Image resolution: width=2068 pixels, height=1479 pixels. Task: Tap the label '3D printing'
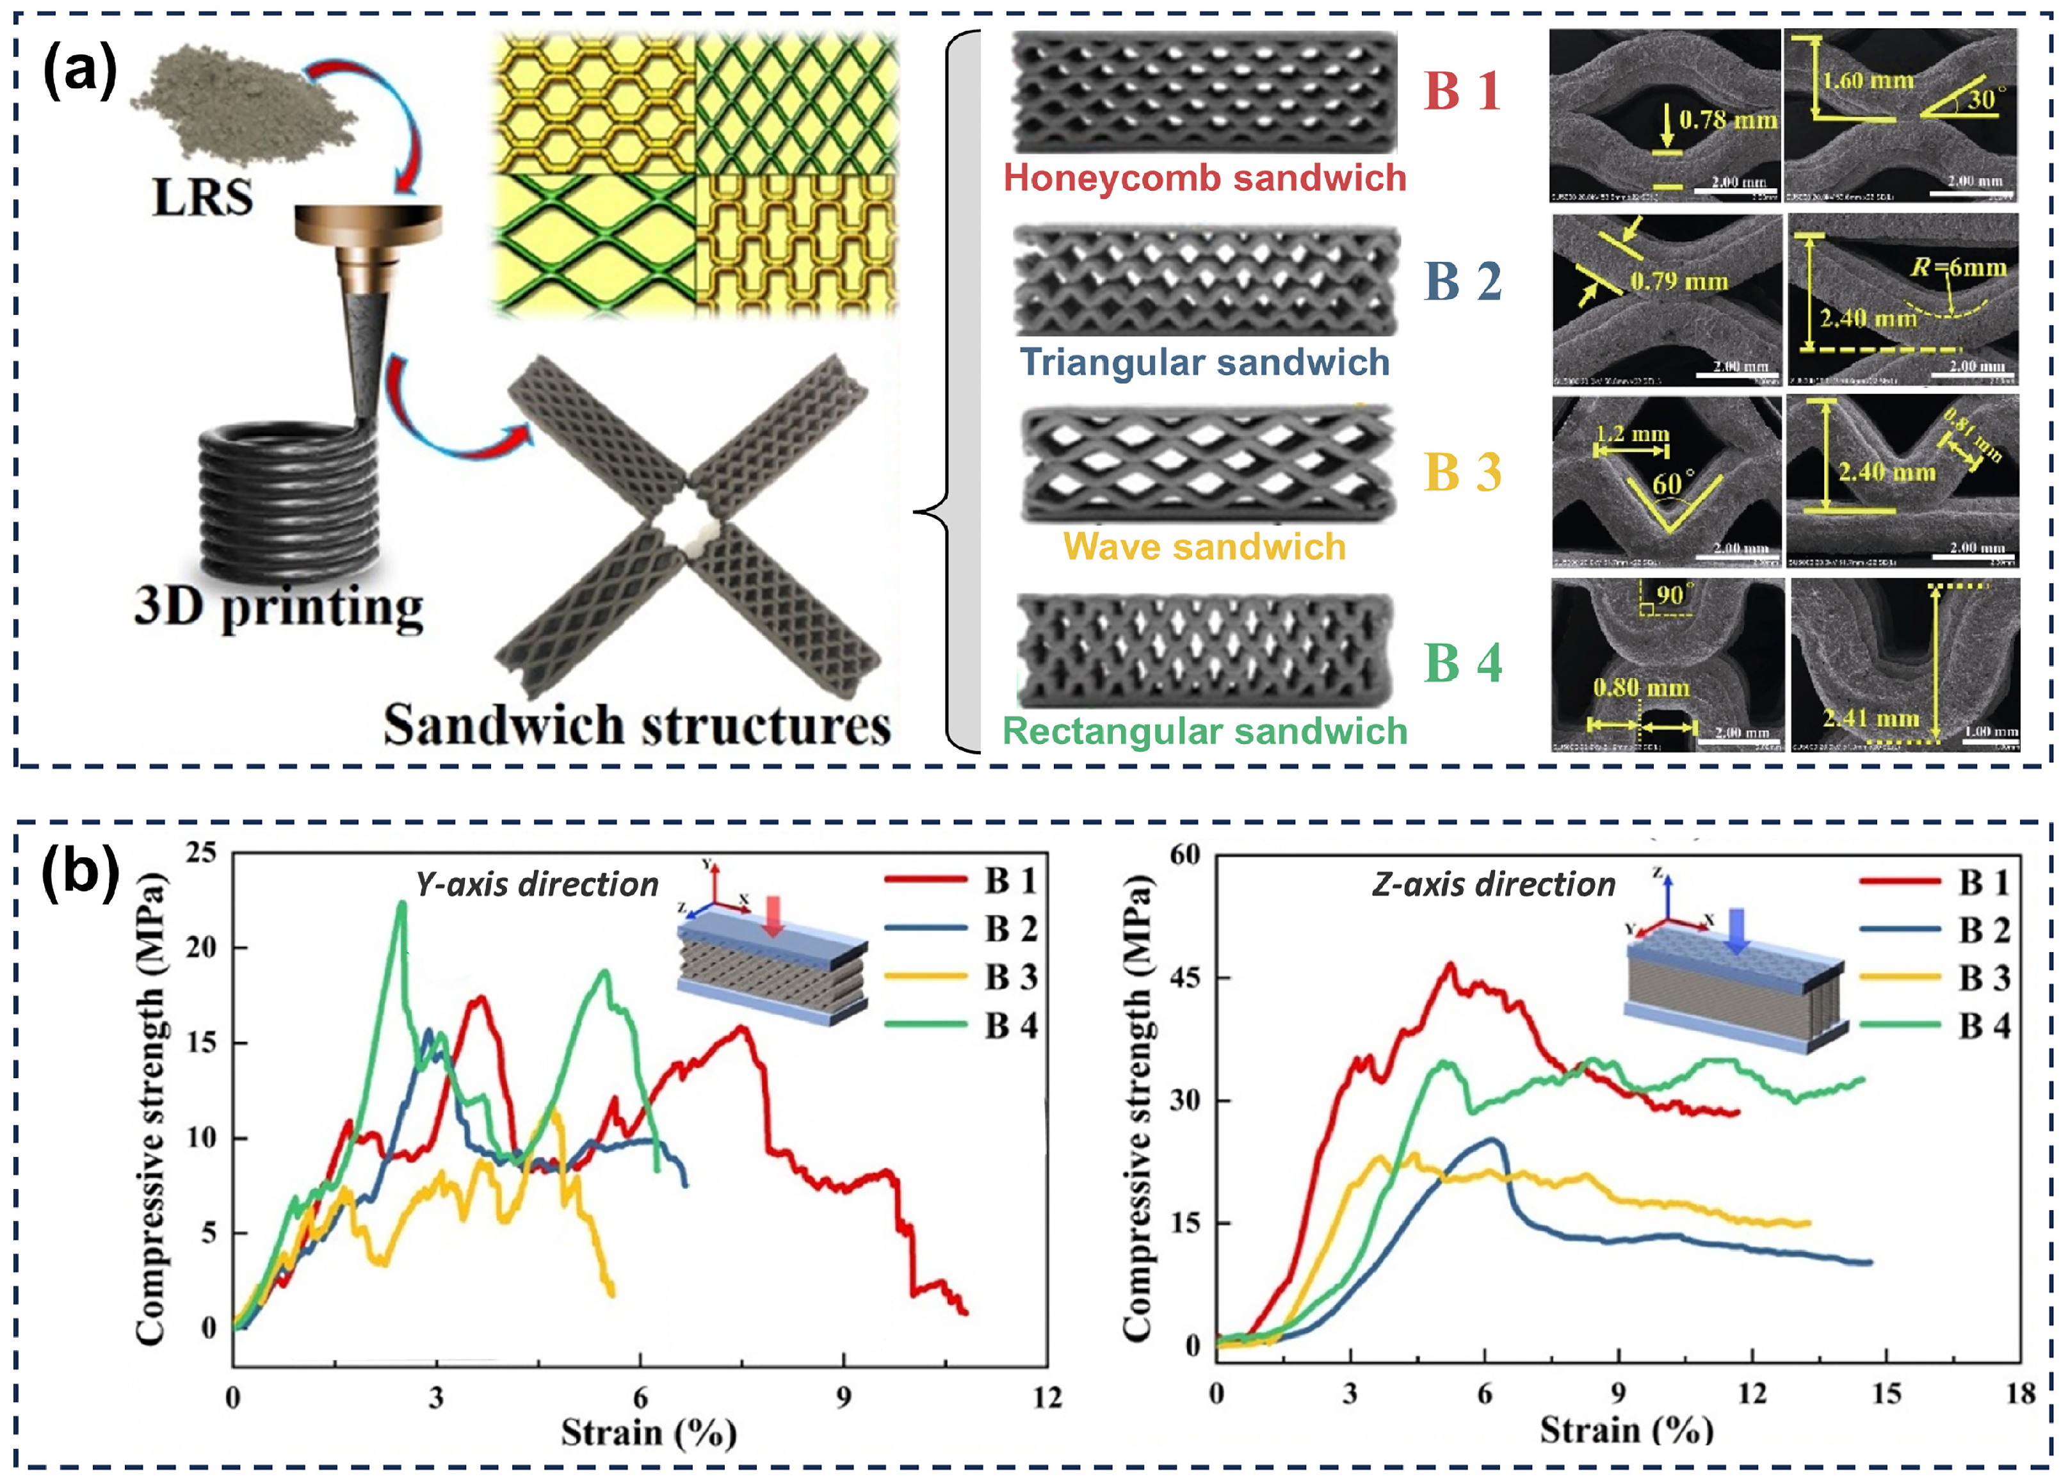point(279,606)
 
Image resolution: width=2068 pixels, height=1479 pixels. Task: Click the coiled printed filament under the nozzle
point(287,501)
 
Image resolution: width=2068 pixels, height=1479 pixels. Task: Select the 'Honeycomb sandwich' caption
point(1205,177)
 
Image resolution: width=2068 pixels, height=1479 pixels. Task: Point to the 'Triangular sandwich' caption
point(1205,362)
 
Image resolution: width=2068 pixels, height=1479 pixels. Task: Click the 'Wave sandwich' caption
point(1205,546)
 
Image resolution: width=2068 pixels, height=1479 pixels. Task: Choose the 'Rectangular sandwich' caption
point(1205,731)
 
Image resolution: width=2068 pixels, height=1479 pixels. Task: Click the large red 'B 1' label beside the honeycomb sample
point(1462,91)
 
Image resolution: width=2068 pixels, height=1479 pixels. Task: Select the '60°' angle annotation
point(1674,483)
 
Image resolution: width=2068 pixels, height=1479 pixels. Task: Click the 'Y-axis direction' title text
point(537,884)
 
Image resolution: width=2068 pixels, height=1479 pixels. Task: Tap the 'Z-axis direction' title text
point(1494,884)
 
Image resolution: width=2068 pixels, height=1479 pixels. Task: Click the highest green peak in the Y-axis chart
point(401,903)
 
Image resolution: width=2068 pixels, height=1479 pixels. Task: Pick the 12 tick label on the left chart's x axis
point(1047,1397)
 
